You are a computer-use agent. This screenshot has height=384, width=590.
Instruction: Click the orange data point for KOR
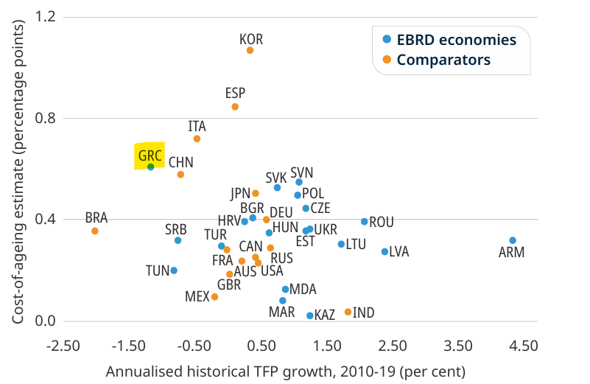(x=250, y=50)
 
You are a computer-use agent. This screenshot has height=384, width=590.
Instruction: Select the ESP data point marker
(x=235, y=107)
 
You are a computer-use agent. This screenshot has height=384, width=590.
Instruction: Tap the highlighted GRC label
(x=150, y=156)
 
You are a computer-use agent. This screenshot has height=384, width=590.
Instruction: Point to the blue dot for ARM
(x=513, y=240)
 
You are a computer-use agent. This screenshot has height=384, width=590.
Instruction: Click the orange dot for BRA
(x=95, y=231)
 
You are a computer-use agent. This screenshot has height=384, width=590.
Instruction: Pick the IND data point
(x=348, y=312)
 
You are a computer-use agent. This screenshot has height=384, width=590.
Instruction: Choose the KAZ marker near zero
(x=310, y=315)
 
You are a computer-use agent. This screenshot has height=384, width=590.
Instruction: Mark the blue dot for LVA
(x=384, y=251)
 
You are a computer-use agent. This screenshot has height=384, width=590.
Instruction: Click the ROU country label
(x=382, y=222)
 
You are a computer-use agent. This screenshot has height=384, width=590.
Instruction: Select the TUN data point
(x=174, y=270)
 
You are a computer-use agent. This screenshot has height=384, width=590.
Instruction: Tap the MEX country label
(x=197, y=297)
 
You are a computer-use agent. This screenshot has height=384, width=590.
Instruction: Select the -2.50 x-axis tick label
(x=63, y=345)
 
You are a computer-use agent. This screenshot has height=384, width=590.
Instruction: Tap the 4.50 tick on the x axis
(x=523, y=345)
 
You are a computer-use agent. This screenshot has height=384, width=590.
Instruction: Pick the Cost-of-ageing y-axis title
(x=18, y=170)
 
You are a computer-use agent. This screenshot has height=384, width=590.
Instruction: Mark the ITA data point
(x=197, y=139)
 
